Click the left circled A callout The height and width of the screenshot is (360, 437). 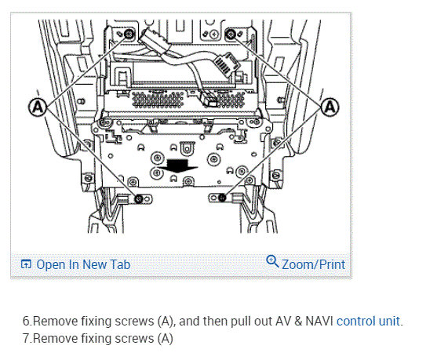click(38, 107)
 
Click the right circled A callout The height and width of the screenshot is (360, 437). click(330, 107)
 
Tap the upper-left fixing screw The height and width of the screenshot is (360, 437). click(129, 35)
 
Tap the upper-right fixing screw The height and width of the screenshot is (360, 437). click(231, 35)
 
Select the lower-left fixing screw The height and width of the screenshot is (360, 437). click(139, 199)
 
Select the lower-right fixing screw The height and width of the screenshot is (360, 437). click(222, 198)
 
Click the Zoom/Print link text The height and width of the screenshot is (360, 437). click(314, 264)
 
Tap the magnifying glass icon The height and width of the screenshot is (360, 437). click(272, 261)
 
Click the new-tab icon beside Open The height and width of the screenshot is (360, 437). click(26, 264)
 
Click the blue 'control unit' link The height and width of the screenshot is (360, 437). click(368, 321)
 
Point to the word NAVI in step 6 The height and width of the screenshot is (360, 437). click(319, 321)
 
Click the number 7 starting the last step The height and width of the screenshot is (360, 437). click(26, 338)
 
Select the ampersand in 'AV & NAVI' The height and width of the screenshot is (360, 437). click(298, 321)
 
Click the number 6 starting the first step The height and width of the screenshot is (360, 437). click(26, 321)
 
